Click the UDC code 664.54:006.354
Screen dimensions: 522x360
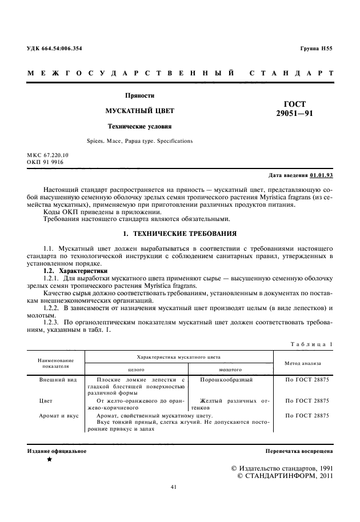point(55,48)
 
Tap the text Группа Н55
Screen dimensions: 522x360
point(316,48)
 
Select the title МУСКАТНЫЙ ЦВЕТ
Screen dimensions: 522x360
point(139,110)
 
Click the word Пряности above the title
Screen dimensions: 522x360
point(139,95)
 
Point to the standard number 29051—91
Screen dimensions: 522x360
point(294,114)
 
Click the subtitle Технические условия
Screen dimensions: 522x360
point(140,125)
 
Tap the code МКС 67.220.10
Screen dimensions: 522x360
point(47,155)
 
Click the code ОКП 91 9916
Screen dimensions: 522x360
point(45,162)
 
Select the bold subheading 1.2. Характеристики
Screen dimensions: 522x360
point(71,270)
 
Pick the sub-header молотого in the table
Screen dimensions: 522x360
point(231,370)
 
